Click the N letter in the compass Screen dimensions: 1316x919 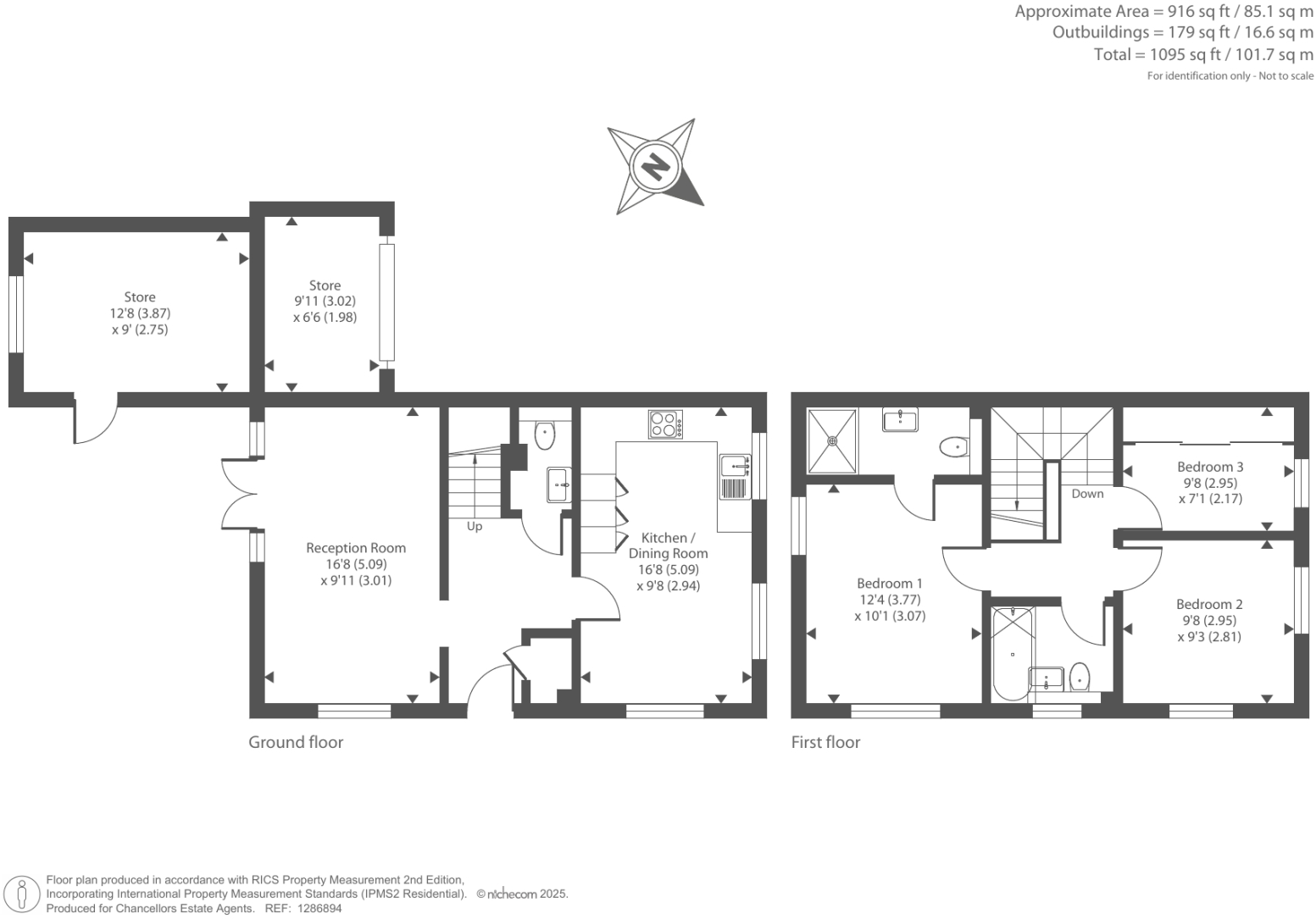coord(656,167)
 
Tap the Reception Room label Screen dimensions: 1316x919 coord(356,548)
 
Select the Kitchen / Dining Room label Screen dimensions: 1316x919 coord(668,545)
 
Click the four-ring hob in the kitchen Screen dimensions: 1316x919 coord(666,424)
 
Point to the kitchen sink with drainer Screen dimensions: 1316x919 coord(735,477)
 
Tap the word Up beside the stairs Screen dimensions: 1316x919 coord(474,526)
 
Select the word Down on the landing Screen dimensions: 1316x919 coord(1087,494)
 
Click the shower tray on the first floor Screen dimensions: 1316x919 coord(832,441)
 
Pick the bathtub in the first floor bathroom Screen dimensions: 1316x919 coord(1013,654)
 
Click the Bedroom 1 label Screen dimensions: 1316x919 coord(890,583)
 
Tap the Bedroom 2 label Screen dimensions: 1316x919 coord(1209,604)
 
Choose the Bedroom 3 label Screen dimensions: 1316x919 coord(1210,467)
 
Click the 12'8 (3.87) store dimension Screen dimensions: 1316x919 coord(140,313)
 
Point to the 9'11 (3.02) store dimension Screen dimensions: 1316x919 coord(325,301)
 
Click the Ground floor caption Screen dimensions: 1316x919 coord(296,742)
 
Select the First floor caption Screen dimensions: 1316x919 coord(825,742)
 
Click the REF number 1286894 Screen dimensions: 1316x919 coord(319,909)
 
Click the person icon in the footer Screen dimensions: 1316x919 coord(22,895)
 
